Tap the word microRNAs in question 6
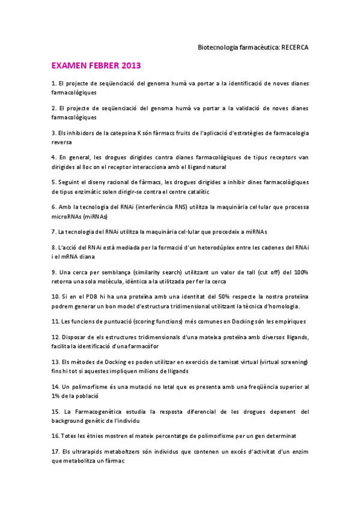67,217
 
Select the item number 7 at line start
53,232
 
